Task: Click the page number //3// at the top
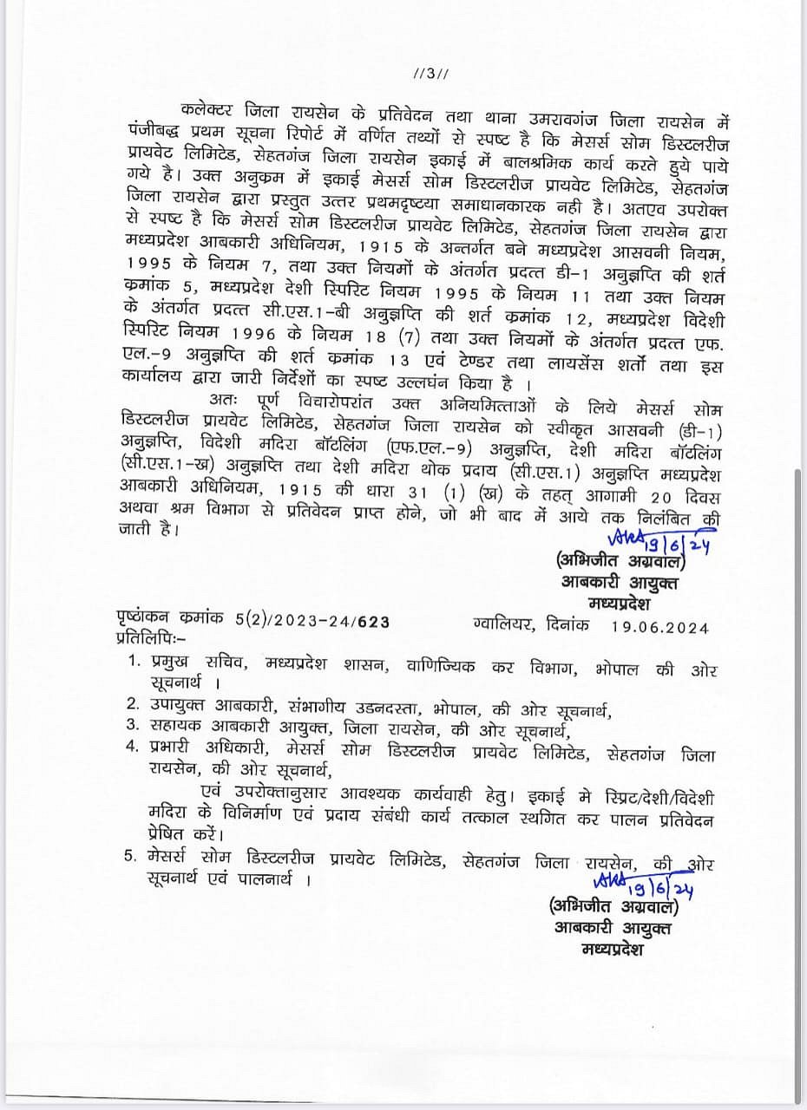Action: coord(432,74)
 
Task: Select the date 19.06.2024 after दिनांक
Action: coord(666,627)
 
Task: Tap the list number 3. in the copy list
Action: coord(133,724)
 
